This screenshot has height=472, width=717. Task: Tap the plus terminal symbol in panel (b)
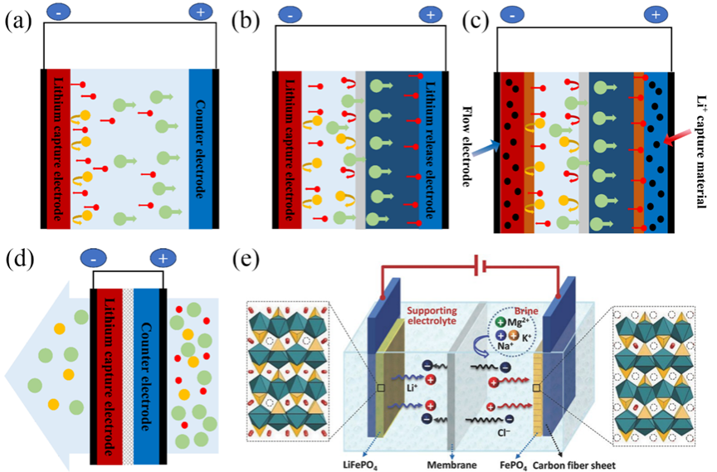pos(430,14)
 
